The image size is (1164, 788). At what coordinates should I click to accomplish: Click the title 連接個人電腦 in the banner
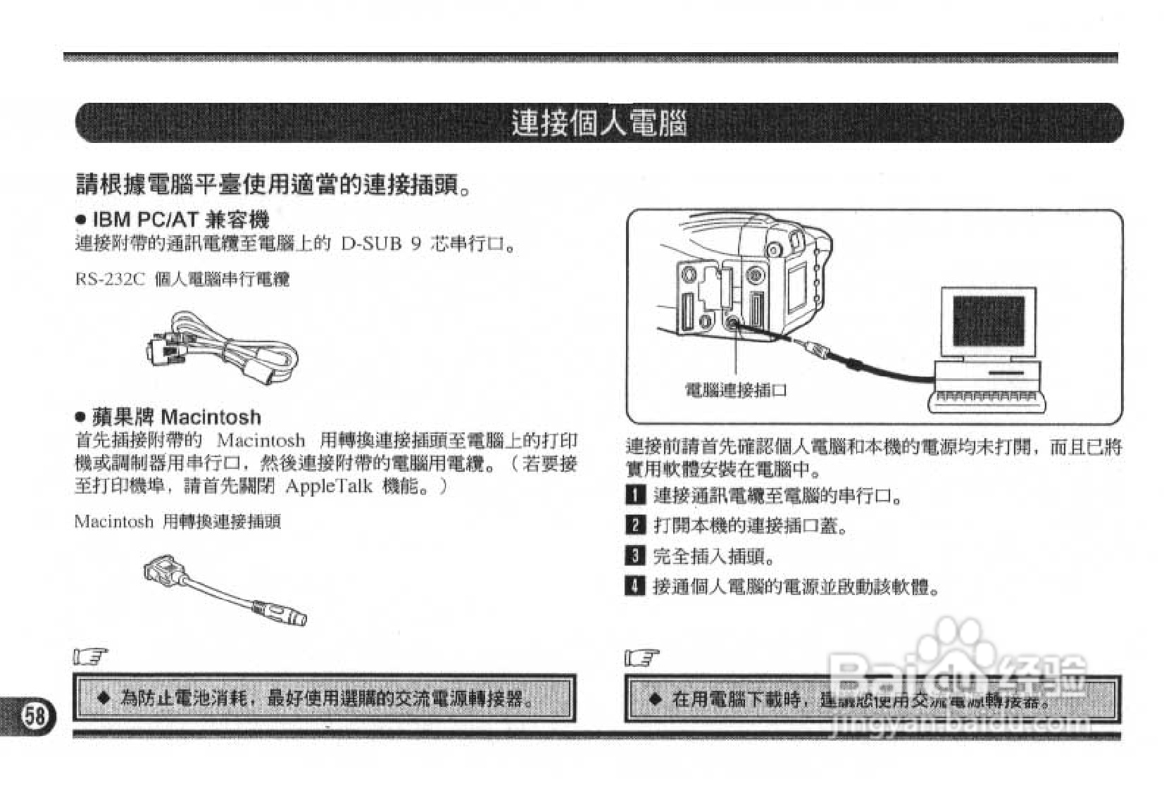[598, 124]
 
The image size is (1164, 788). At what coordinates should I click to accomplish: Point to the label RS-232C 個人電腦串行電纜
[182, 280]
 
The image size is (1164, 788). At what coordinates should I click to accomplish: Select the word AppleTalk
[329, 487]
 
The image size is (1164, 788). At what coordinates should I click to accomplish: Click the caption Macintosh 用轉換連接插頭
[177, 522]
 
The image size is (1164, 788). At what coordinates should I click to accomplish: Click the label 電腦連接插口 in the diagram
[736, 390]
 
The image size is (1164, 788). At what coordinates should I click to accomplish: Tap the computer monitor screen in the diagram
[988, 321]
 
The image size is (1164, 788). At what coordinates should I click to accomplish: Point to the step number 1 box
[634, 495]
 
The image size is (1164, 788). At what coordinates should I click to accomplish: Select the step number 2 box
[634, 525]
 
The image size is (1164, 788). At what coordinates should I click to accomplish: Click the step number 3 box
[634, 556]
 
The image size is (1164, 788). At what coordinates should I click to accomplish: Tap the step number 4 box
[634, 586]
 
